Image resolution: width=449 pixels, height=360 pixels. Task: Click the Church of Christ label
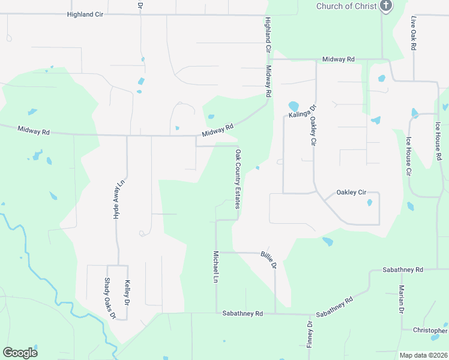(x=346, y=6)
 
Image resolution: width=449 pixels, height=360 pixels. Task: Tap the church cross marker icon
(x=386, y=7)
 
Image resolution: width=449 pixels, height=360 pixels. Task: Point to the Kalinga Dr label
(x=302, y=110)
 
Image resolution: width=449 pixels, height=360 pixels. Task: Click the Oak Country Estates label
(x=238, y=179)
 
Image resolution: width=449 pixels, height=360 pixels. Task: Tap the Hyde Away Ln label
(x=120, y=199)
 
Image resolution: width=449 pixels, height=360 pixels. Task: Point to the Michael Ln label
(x=215, y=267)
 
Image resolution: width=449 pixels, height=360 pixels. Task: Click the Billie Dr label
(x=268, y=260)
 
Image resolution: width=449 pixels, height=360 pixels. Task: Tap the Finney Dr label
(x=310, y=334)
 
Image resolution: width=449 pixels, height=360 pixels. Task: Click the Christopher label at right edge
(x=430, y=331)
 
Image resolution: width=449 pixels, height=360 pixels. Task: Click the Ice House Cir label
(x=408, y=155)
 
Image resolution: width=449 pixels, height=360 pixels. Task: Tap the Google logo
(x=20, y=353)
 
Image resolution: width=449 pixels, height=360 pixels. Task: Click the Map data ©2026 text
(x=423, y=355)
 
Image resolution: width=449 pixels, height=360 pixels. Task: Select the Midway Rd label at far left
(x=33, y=130)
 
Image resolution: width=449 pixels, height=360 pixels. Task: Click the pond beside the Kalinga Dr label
(x=294, y=106)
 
